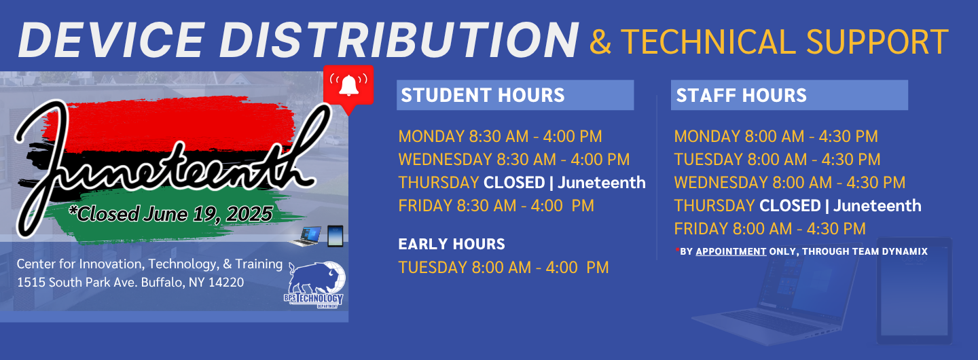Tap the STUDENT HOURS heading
coord(482,95)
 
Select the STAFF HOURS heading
coord(741,95)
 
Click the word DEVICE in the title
coord(112,40)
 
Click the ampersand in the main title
coord(600,42)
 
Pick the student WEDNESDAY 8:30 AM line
coord(514,160)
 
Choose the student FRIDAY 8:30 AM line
coord(496,206)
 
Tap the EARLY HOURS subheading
coord(452,245)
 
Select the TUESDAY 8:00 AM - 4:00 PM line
coord(503,268)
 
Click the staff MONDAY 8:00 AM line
coord(776,137)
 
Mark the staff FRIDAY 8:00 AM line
coord(769,229)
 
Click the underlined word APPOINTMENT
coord(731,251)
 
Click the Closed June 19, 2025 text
coord(170,214)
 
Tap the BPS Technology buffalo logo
coord(315,285)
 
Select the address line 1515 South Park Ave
coord(130,283)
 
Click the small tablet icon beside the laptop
coord(336,236)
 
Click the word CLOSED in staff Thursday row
coord(791,206)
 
